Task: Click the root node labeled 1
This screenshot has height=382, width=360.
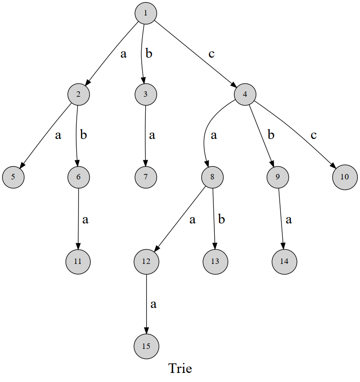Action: coord(146,13)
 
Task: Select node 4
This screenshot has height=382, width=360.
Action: coord(245,94)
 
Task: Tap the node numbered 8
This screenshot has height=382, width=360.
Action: coord(212,177)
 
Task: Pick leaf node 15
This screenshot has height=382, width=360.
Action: coord(146,346)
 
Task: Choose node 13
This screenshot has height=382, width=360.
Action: coord(215,262)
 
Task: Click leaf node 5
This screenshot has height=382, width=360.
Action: coord(13,177)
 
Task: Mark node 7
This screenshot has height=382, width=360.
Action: coord(146,177)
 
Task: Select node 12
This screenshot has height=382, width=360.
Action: coord(146,261)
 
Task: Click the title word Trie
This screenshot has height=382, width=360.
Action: coord(180,368)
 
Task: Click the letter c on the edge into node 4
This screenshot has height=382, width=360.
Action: coord(211,54)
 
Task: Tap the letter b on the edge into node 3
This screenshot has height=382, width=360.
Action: coord(149,54)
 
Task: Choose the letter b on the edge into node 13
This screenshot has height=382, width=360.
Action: coord(222,219)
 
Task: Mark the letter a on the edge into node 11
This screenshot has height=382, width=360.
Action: coord(85,220)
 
